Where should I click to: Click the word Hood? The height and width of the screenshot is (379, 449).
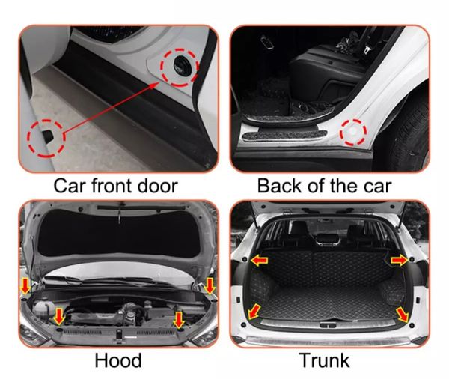118,360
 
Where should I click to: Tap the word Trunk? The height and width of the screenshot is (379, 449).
324,360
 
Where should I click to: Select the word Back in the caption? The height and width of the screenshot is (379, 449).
280,186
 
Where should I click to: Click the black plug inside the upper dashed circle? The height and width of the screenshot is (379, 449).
182,66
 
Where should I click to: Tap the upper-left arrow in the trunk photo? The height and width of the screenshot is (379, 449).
259,261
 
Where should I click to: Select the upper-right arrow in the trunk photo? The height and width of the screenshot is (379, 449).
399,261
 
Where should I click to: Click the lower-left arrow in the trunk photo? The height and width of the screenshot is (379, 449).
254,312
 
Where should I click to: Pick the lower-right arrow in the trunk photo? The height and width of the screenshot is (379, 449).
403,315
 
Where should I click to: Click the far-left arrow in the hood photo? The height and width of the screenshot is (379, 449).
25,285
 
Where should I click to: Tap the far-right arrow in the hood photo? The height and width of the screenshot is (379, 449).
210,286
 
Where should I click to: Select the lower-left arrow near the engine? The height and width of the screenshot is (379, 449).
59,316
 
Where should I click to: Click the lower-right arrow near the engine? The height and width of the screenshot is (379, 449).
179,320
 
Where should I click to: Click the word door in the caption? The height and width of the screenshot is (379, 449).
158,186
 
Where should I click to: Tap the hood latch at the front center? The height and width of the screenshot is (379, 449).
118,335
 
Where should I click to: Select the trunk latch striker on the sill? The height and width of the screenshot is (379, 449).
328,325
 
